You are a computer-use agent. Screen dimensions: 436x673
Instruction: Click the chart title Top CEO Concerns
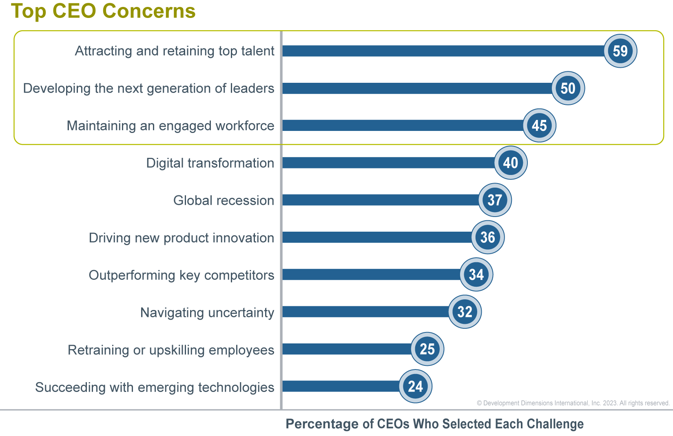[103, 11]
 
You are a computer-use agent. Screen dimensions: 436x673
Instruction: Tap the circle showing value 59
[620, 51]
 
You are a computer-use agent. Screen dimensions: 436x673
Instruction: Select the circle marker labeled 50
[568, 88]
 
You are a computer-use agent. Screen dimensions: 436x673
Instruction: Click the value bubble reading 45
[539, 125]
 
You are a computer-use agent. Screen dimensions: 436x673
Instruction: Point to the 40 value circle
[510, 163]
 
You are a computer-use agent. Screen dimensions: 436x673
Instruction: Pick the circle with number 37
[494, 200]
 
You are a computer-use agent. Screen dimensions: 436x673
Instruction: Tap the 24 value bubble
[415, 386]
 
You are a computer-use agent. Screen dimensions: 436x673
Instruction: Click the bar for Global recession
[379, 200]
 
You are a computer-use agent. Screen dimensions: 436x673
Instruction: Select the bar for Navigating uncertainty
[365, 312]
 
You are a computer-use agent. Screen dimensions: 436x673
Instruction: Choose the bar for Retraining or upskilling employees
[347, 349]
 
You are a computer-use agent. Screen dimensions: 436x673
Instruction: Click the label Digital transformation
[210, 163]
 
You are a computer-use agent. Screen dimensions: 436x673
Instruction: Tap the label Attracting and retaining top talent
[175, 51]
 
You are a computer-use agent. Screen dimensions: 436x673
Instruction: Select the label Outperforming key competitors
[182, 275]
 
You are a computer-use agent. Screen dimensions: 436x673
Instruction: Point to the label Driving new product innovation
[182, 238]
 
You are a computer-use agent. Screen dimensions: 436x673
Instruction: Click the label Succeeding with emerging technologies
[155, 387]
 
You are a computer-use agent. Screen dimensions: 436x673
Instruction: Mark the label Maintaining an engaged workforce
[170, 126]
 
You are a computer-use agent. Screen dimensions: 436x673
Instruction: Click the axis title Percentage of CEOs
[434, 424]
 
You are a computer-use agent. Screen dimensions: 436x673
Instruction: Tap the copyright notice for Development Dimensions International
[573, 403]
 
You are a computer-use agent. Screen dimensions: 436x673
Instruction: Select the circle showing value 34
[476, 274]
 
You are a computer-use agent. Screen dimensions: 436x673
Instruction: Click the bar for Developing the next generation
[416, 88]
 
